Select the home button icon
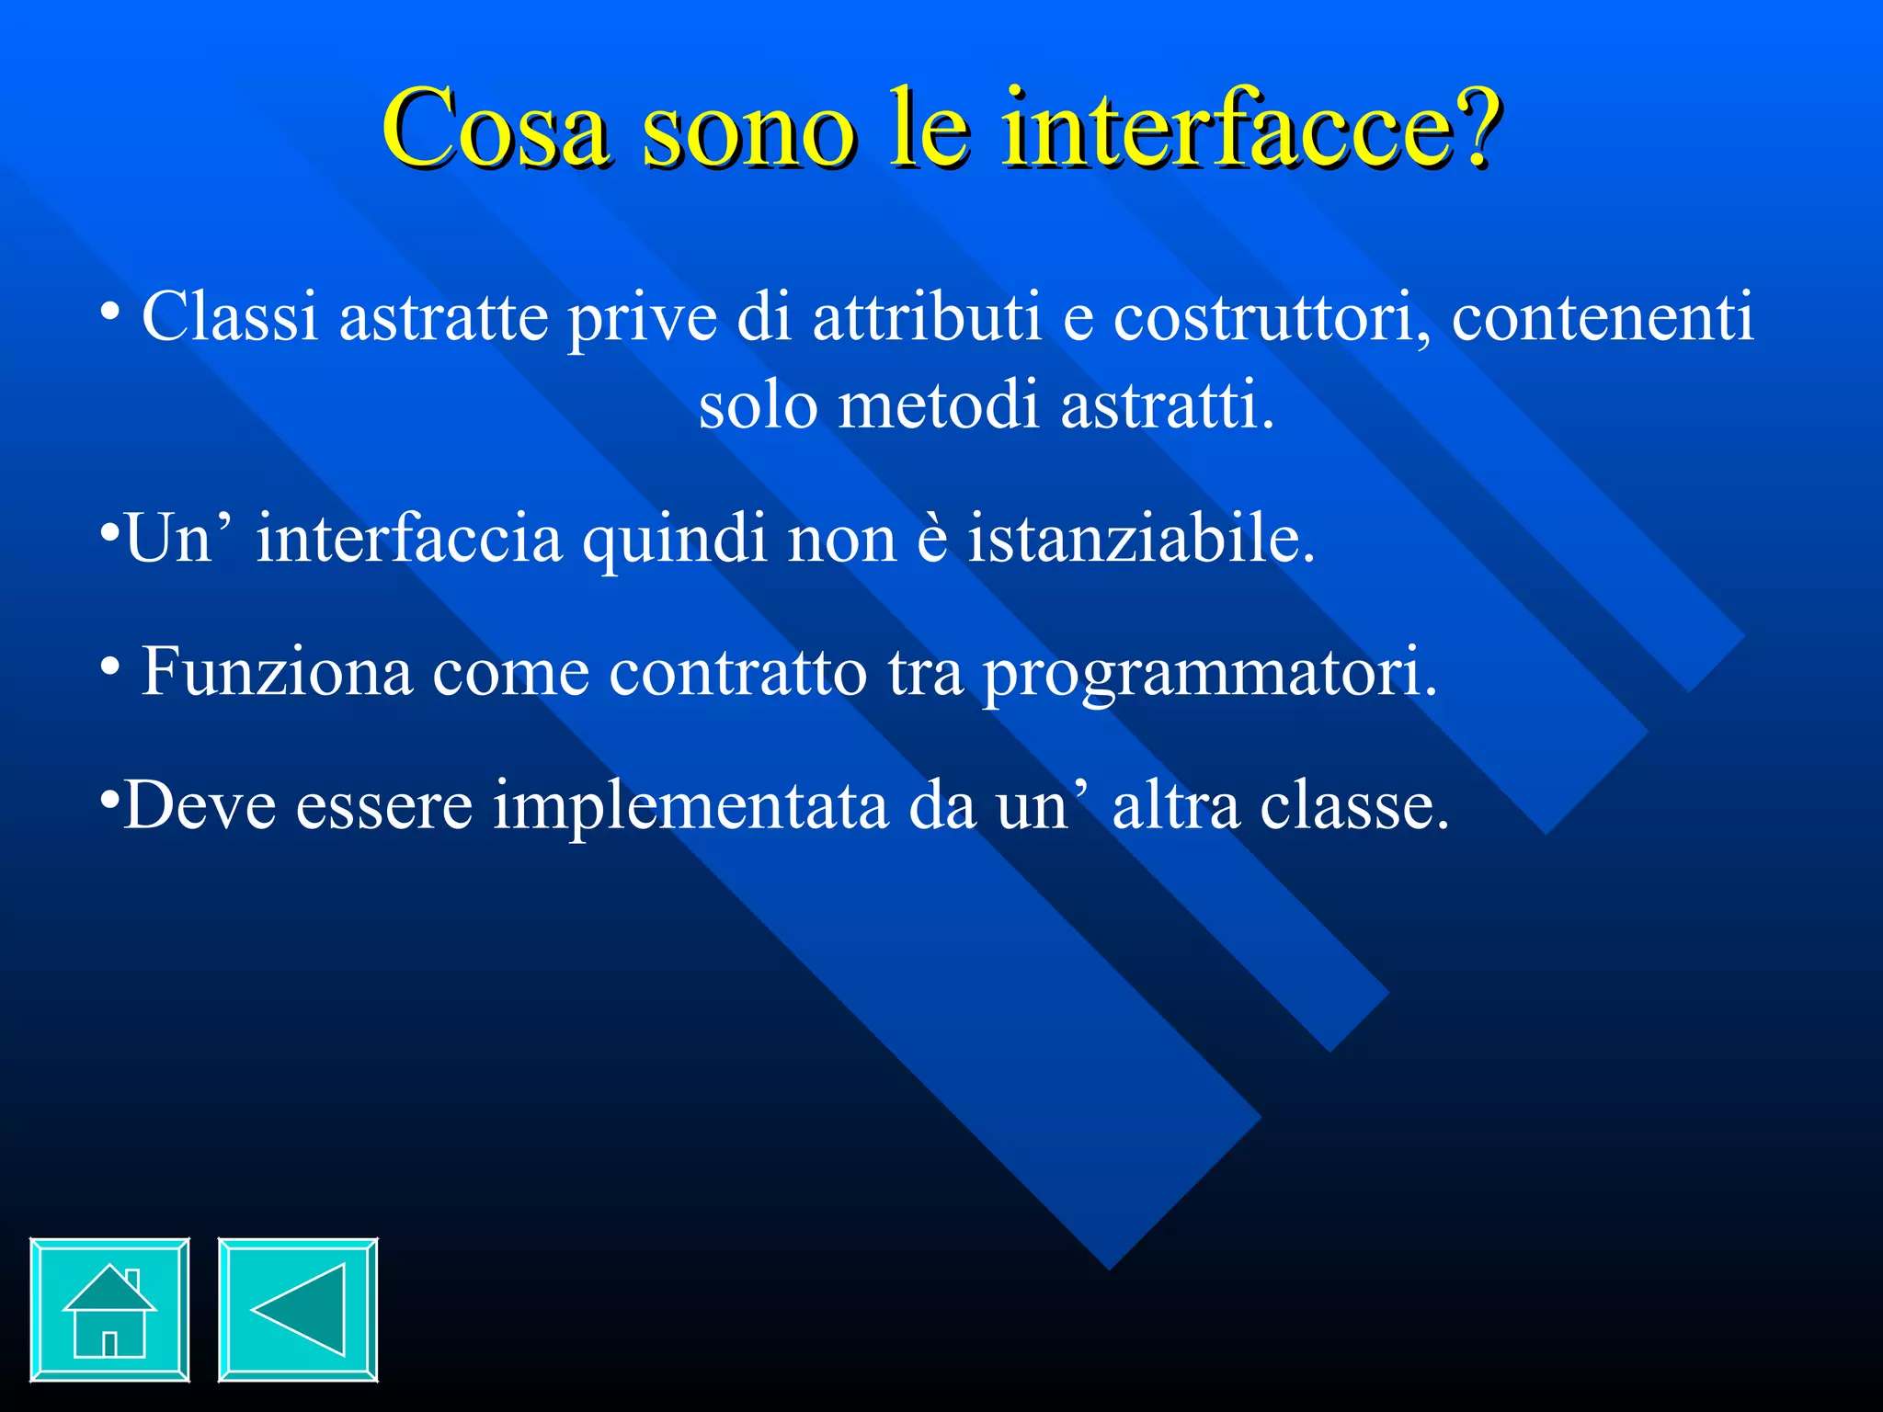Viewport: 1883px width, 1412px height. [109, 1309]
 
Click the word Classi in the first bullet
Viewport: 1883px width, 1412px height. [230, 317]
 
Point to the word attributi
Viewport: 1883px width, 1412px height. [927, 317]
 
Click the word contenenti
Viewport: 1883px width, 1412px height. [1603, 317]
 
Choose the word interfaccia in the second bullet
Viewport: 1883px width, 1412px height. [408, 540]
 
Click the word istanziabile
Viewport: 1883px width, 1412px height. [1141, 540]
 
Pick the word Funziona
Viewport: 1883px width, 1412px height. [277, 673]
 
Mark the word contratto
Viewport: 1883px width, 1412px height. [737, 673]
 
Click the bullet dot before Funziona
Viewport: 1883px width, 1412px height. [109, 666]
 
